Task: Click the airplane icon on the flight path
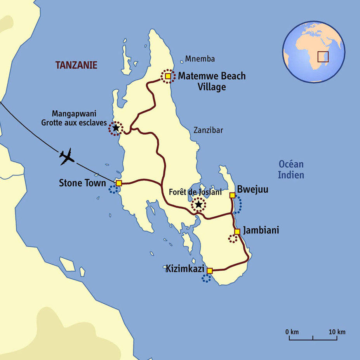(x=67, y=156)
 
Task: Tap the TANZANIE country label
(x=76, y=65)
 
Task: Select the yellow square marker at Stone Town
(x=119, y=183)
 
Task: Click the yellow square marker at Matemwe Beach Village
(x=168, y=77)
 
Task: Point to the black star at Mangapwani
(x=115, y=128)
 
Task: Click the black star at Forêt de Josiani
(x=198, y=204)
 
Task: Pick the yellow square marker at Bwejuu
(x=232, y=195)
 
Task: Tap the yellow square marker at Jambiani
(x=237, y=231)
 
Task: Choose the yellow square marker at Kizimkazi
(x=210, y=271)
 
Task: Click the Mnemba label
(x=200, y=59)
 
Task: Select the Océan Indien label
(x=291, y=170)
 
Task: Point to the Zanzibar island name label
(x=209, y=130)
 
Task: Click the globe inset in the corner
(x=313, y=52)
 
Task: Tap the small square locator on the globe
(x=323, y=57)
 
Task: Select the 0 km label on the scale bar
(x=292, y=332)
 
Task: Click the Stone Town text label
(x=82, y=183)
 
